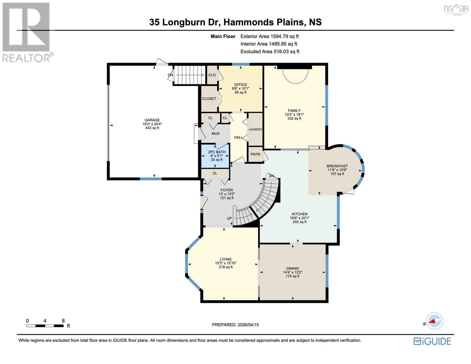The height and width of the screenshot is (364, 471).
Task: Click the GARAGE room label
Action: click(152, 120)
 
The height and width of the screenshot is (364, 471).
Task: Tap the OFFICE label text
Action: click(241, 85)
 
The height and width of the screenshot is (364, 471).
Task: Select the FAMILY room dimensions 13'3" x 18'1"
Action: click(294, 115)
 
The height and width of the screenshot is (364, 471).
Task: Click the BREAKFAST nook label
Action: click(337, 166)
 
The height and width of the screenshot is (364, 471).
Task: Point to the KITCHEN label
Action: click(299, 214)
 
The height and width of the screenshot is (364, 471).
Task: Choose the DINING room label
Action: click(292, 268)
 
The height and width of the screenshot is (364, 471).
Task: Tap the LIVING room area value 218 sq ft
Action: click(226, 267)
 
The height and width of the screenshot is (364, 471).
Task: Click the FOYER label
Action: click(227, 190)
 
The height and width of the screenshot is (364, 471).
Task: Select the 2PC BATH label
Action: click(217, 152)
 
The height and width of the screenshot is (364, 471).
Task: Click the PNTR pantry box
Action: click(255, 154)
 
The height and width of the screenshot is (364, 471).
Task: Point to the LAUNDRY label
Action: click(255, 129)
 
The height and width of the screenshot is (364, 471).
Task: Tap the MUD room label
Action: click(216, 133)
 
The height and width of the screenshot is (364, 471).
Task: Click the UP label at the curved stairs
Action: click(229, 218)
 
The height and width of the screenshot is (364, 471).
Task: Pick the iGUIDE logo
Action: click(432, 341)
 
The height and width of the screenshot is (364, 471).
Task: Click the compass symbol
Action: click(435, 321)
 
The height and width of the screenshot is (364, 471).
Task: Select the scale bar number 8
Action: click(63, 321)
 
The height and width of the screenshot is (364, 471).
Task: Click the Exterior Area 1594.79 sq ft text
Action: click(269, 36)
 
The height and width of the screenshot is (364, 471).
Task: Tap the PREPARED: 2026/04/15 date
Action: click(235, 325)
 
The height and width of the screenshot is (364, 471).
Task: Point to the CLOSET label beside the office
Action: click(209, 99)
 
